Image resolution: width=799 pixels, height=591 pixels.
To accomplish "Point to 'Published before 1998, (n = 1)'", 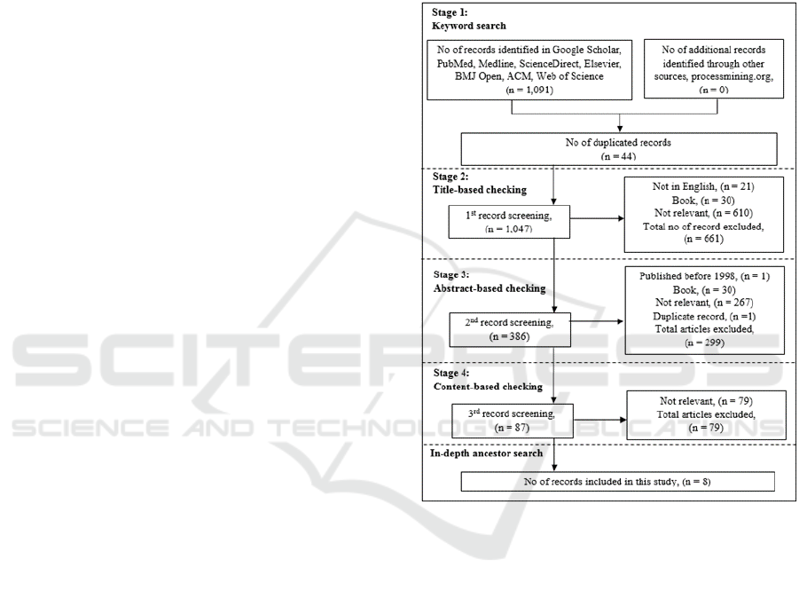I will pos(703,276).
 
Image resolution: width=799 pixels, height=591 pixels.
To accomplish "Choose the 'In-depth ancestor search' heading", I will pos(486,453).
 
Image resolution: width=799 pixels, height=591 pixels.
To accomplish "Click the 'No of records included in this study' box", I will pos(617,481).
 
